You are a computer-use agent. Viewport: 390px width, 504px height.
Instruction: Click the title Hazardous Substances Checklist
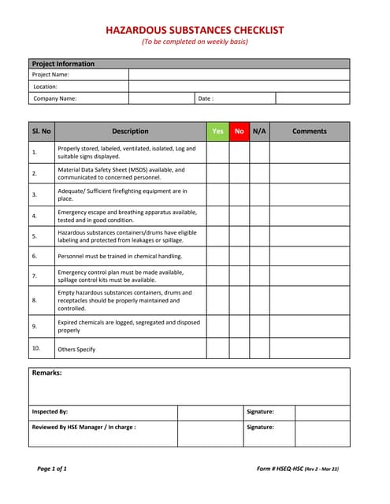coord(195,30)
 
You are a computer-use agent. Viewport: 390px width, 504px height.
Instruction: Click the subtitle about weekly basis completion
coord(195,42)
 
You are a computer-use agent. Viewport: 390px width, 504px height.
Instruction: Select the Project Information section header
coord(63,64)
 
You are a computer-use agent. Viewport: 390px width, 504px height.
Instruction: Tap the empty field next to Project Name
coord(239,75)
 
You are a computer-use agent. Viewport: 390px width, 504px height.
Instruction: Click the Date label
coord(206,98)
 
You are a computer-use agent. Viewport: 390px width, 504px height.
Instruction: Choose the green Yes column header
coord(217,132)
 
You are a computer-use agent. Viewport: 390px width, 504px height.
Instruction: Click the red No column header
coord(239,132)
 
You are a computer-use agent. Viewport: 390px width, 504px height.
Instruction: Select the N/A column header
coord(259,132)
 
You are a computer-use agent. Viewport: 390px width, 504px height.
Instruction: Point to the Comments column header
coord(309,132)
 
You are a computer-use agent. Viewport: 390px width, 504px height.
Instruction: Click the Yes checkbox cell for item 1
coord(217,152)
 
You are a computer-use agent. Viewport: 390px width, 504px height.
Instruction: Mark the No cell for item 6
coord(239,256)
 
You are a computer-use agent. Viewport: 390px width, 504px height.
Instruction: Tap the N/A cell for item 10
coord(259,348)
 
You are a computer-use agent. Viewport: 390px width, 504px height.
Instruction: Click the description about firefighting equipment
coord(122,195)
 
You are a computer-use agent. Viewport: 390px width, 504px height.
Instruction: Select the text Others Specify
coord(76,349)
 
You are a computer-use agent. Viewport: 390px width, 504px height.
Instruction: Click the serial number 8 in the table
coord(35,300)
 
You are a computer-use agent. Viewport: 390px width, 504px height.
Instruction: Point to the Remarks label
coord(46,372)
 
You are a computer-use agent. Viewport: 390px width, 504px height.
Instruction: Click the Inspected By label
coord(50,411)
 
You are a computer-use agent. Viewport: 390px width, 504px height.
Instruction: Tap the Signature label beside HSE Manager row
coord(260,427)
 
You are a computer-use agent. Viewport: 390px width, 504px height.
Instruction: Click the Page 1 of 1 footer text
coord(52,469)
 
